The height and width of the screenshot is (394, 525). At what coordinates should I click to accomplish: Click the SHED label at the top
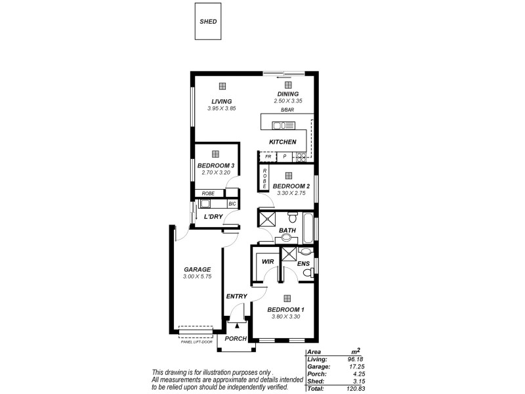208,21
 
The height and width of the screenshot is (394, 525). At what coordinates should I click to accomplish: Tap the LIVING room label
221,101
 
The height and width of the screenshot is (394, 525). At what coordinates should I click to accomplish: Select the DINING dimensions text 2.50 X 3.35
287,101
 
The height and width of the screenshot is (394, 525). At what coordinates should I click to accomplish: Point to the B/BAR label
287,110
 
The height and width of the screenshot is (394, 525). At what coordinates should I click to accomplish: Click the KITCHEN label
283,142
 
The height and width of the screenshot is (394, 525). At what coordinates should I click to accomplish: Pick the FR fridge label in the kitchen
268,156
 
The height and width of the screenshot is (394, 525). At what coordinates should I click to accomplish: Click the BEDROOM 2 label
291,186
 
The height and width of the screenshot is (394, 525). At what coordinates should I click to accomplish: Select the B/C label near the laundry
232,204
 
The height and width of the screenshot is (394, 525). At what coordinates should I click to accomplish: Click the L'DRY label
213,217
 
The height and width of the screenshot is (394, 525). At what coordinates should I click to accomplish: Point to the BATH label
287,230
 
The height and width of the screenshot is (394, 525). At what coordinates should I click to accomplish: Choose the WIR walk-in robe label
268,261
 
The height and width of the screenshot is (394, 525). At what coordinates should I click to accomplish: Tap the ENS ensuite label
303,264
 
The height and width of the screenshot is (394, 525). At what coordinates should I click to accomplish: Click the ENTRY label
236,296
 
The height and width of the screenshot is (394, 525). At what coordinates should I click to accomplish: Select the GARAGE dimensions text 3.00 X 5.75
197,277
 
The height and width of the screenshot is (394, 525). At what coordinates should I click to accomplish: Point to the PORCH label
236,339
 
